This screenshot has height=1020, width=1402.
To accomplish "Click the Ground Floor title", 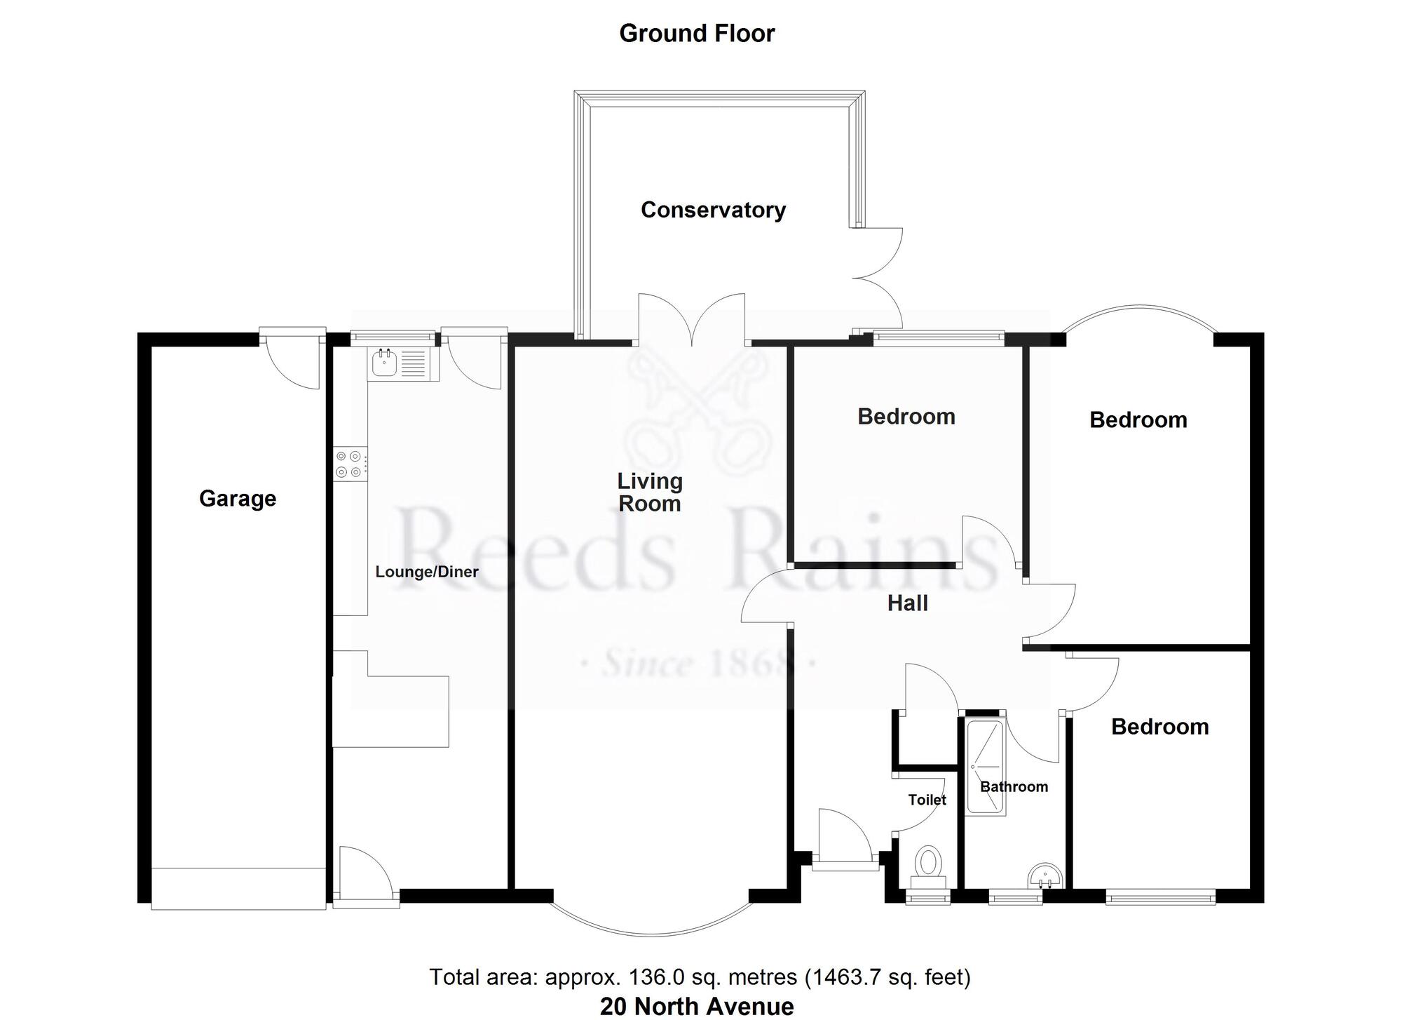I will tap(697, 34).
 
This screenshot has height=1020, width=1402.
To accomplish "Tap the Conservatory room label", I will tap(713, 210).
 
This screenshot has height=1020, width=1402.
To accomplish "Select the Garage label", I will tap(238, 499).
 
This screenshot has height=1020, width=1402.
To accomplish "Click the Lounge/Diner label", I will tap(427, 572).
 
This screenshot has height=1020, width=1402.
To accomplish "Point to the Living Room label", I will tap(649, 492).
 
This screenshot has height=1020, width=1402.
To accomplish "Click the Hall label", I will tap(907, 603).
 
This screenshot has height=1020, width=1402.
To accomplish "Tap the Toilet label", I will tap(927, 800).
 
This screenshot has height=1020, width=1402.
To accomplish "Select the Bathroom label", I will tap(1014, 787).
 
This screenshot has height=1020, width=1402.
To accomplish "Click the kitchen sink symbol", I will tap(385, 363).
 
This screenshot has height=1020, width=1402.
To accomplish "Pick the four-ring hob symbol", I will tap(349, 464).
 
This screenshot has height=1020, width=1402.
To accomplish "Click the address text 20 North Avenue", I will tap(697, 1007).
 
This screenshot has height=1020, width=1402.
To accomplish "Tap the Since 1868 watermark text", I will tap(698, 662).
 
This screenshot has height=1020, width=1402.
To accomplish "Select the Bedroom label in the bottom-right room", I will tap(1159, 727).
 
